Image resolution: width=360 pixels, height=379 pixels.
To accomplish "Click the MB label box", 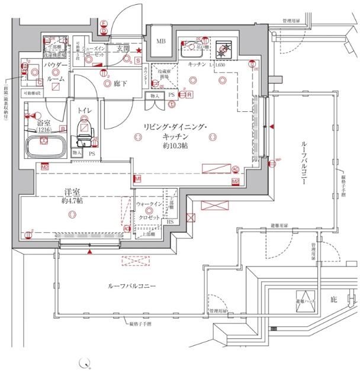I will (161, 42).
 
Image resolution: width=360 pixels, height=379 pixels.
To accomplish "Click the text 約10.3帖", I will (176, 145).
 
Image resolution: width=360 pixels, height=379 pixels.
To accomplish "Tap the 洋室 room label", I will (72, 191).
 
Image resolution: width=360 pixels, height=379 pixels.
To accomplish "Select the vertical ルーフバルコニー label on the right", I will (304, 164).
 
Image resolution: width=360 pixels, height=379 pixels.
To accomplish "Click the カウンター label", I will (146, 76).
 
